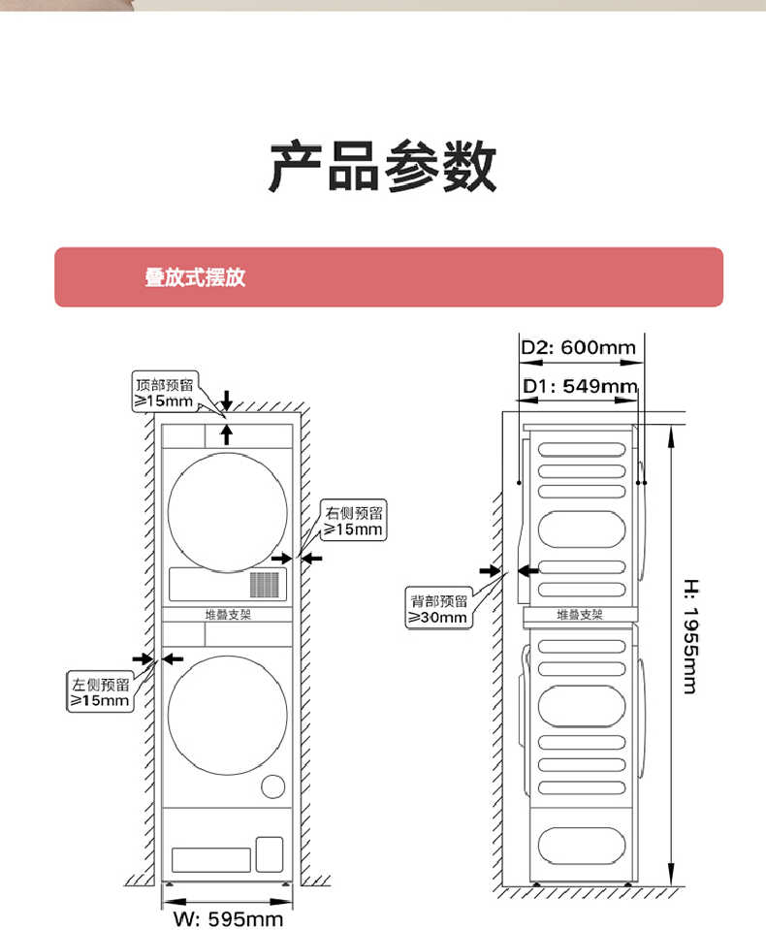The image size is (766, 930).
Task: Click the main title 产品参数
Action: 382,167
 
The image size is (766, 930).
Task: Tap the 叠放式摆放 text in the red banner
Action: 195,277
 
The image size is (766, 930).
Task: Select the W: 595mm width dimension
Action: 228,917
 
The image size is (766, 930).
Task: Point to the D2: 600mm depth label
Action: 578,347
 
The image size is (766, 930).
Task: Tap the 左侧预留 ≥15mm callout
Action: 99,691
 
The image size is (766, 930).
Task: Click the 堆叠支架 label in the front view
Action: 227,614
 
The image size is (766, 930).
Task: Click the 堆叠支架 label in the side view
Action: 579,614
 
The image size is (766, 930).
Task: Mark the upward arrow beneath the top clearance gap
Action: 226,433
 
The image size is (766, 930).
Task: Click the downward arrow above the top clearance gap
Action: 226,400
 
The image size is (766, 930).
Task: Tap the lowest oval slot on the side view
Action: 582,845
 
